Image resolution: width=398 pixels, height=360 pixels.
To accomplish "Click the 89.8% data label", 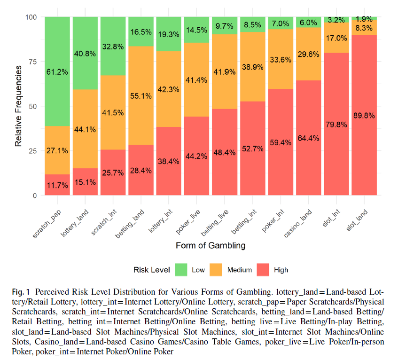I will tap(364, 116).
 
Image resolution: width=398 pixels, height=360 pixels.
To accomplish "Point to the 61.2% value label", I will tap(57, 72).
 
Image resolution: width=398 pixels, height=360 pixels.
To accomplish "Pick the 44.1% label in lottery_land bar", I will tap(85, 129).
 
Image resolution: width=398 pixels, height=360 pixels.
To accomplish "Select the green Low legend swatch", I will tap(181, 270).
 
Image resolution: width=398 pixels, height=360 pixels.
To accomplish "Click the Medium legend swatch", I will tap(216, 270).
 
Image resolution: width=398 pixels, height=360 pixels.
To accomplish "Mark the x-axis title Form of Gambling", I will tap(211, 245).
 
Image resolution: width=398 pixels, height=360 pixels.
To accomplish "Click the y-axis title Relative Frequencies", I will tap(18, 106).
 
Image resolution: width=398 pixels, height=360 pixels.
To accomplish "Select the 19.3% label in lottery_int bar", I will tap(168, 34).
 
